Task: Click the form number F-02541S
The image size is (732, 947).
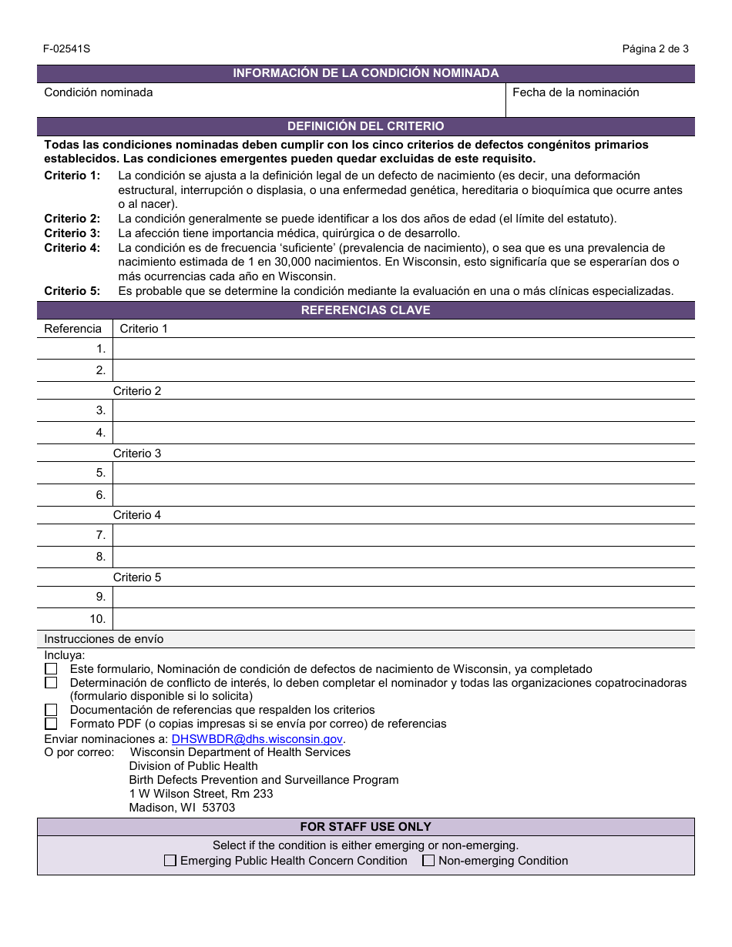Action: [x=67, y=49]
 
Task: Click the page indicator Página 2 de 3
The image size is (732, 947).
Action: [x=655, y=49]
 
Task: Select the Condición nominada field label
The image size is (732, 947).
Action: [x=99, y=92]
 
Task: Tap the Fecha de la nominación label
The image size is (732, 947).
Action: [x=576, y=92]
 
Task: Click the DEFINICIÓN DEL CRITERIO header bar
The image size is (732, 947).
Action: [x=365, y=126]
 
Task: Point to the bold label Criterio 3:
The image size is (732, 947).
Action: [x=72, y=233]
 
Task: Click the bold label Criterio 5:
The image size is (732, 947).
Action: [x=72, y=291]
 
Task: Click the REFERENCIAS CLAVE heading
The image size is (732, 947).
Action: [x=365, y=310]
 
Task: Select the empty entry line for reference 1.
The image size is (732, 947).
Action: [x=403, y=349]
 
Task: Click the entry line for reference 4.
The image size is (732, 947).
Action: [x=403, y=433]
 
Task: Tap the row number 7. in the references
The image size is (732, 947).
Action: [x=100, y=535]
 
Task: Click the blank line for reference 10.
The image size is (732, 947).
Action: [x=403, y=619]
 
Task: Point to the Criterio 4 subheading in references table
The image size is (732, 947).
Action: [x=137, y=515]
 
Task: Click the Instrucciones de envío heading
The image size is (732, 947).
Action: [x=104, y=639]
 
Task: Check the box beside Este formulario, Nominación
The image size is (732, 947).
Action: [x=51, y=669]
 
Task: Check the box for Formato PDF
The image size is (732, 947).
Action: [x=51, y=724]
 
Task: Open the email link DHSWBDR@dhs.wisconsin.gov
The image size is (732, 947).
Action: [x=257, y=738]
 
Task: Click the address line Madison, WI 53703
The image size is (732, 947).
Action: [x=182, y=808]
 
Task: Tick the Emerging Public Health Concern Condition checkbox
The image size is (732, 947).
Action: [x=170, y=861]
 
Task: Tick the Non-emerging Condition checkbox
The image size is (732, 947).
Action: [x=428, y=861]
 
